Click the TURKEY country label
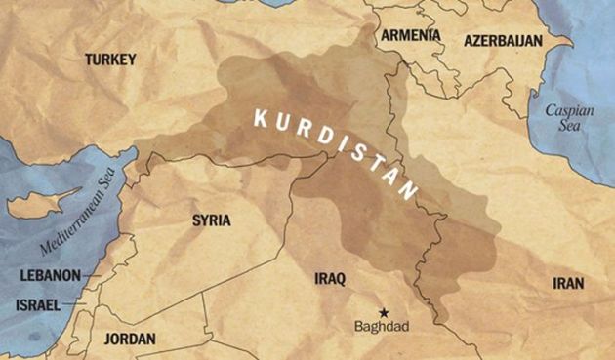pyautogui.click(x=109, y=60)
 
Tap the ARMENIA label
pyautogui.click(x=411, y=35)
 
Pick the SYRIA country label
pyautogui.click(x=212, y=220)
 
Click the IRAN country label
pyautogui.click(x=567, y=284)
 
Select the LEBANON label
pyautogui.click(x=50, y=276)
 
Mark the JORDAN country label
pyautogui.click(x=128, y=340)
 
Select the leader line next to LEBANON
pyautogui.click(x=92, y=276)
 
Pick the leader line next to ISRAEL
pyautogui.click(x=74, y=305)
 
